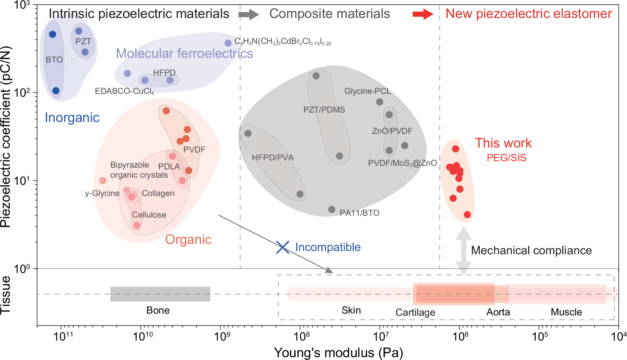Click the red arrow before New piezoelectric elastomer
423,14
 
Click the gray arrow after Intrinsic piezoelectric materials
248,14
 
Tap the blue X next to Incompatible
283,247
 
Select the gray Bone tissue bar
160,294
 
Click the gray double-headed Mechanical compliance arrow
464,251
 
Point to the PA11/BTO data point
332,209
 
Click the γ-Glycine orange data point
103,181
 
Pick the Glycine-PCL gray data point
380,102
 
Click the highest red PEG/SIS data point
456,149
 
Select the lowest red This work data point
467,215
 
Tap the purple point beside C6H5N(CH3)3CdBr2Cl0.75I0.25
228,43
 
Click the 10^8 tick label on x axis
302,337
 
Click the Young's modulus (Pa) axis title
338,353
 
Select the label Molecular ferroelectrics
184,54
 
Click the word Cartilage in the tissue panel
415,313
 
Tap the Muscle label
566,312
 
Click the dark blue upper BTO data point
52,34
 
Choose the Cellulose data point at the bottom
137,225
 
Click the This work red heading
503,143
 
